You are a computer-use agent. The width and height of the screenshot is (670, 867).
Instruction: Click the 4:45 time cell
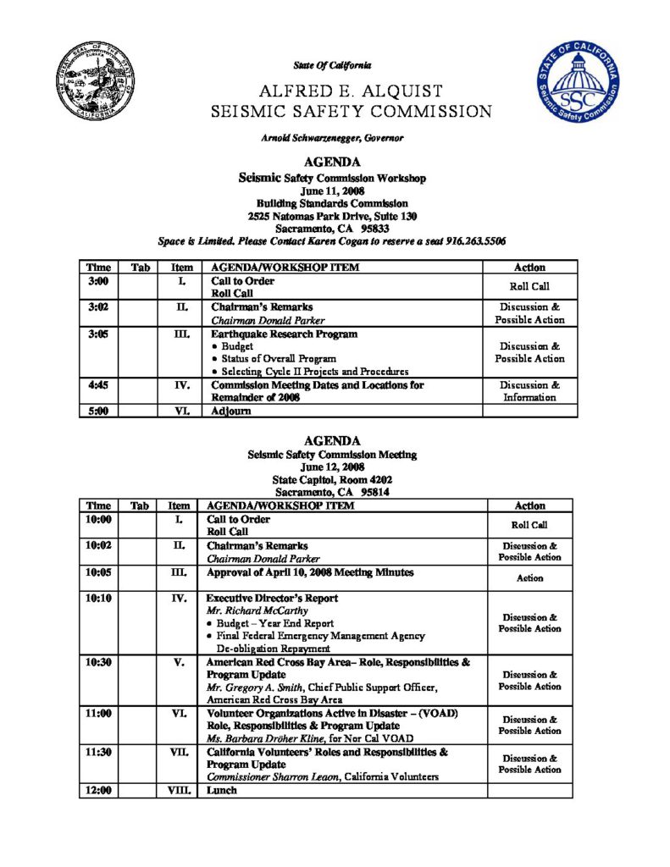tap(98, 385)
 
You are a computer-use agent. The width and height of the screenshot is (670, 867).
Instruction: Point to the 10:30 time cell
tap(98, 662)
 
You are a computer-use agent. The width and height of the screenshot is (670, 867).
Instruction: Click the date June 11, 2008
tap(332, 191)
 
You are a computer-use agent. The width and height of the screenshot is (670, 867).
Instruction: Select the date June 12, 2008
tap(332, 467)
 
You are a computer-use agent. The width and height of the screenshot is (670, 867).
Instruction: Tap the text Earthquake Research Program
tap(284, 334)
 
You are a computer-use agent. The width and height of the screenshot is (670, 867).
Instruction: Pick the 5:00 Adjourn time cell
tap(98, 411)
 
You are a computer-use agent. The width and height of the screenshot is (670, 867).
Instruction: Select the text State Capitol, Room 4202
tap(332, 480)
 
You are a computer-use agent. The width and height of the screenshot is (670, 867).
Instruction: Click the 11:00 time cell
tap(98, 714)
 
